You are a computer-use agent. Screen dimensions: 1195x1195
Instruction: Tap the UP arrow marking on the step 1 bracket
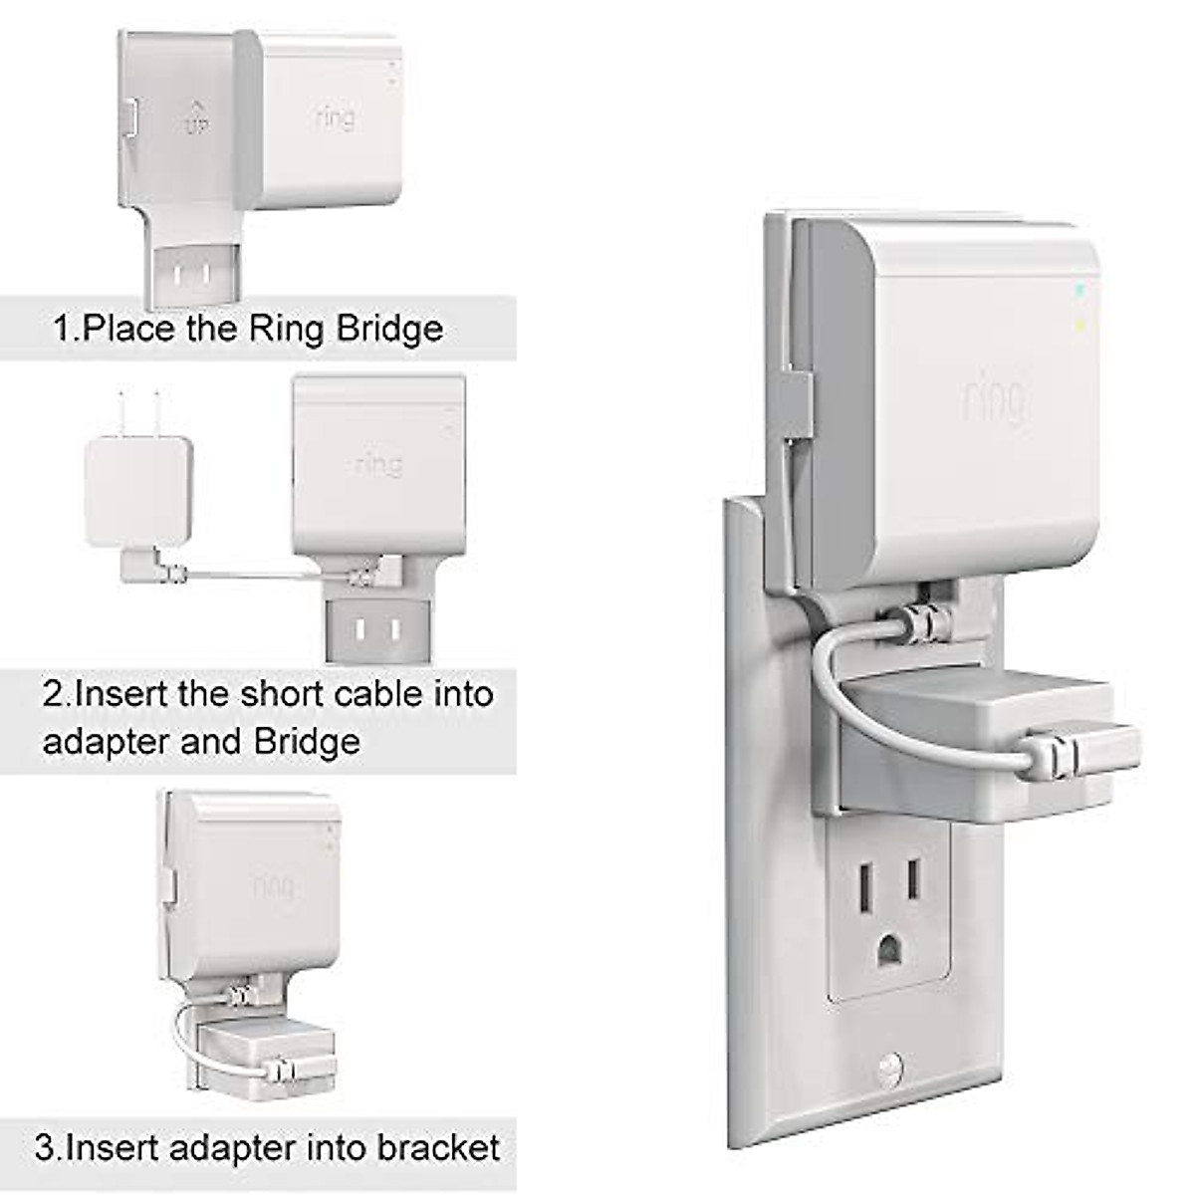click(x=196, y=118)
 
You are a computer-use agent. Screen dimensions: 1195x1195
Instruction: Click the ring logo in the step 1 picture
click(x=335, y=118)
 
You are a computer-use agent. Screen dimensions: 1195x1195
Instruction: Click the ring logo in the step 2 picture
click(x=379, y=464)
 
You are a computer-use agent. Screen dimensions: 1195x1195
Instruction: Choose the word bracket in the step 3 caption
click(x=438, y=1148)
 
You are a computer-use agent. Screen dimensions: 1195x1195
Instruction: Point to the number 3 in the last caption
click(x=45, y=1148)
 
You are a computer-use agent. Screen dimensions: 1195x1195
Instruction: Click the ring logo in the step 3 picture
click(x=272, y=884)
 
